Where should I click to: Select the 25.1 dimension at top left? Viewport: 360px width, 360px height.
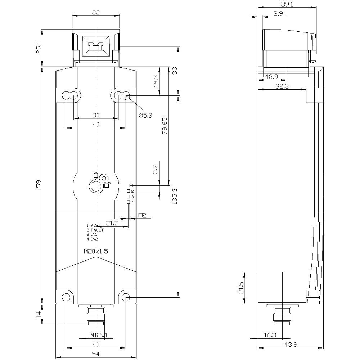pos(39,48)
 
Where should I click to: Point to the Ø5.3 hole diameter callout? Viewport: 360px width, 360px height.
pos(145,115)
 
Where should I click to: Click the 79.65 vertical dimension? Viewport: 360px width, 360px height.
pos(164,126)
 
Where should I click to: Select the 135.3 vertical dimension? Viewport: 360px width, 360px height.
pos(175,196)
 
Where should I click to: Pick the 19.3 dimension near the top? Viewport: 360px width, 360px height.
pos(156,81)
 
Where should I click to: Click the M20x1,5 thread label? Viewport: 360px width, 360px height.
pos(96,252)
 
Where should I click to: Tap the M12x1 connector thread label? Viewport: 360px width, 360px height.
pos(99,335)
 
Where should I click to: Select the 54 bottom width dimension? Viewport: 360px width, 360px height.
pos(96,354)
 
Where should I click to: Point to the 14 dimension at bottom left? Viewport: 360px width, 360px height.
pos(39,315)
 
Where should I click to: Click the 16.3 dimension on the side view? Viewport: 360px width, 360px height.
pos(270,335)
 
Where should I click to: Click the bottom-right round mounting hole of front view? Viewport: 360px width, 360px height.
pos(126,297)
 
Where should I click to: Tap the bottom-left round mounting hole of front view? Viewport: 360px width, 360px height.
pos(66,297)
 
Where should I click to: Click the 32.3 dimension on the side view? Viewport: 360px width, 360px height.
pos(282,86)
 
